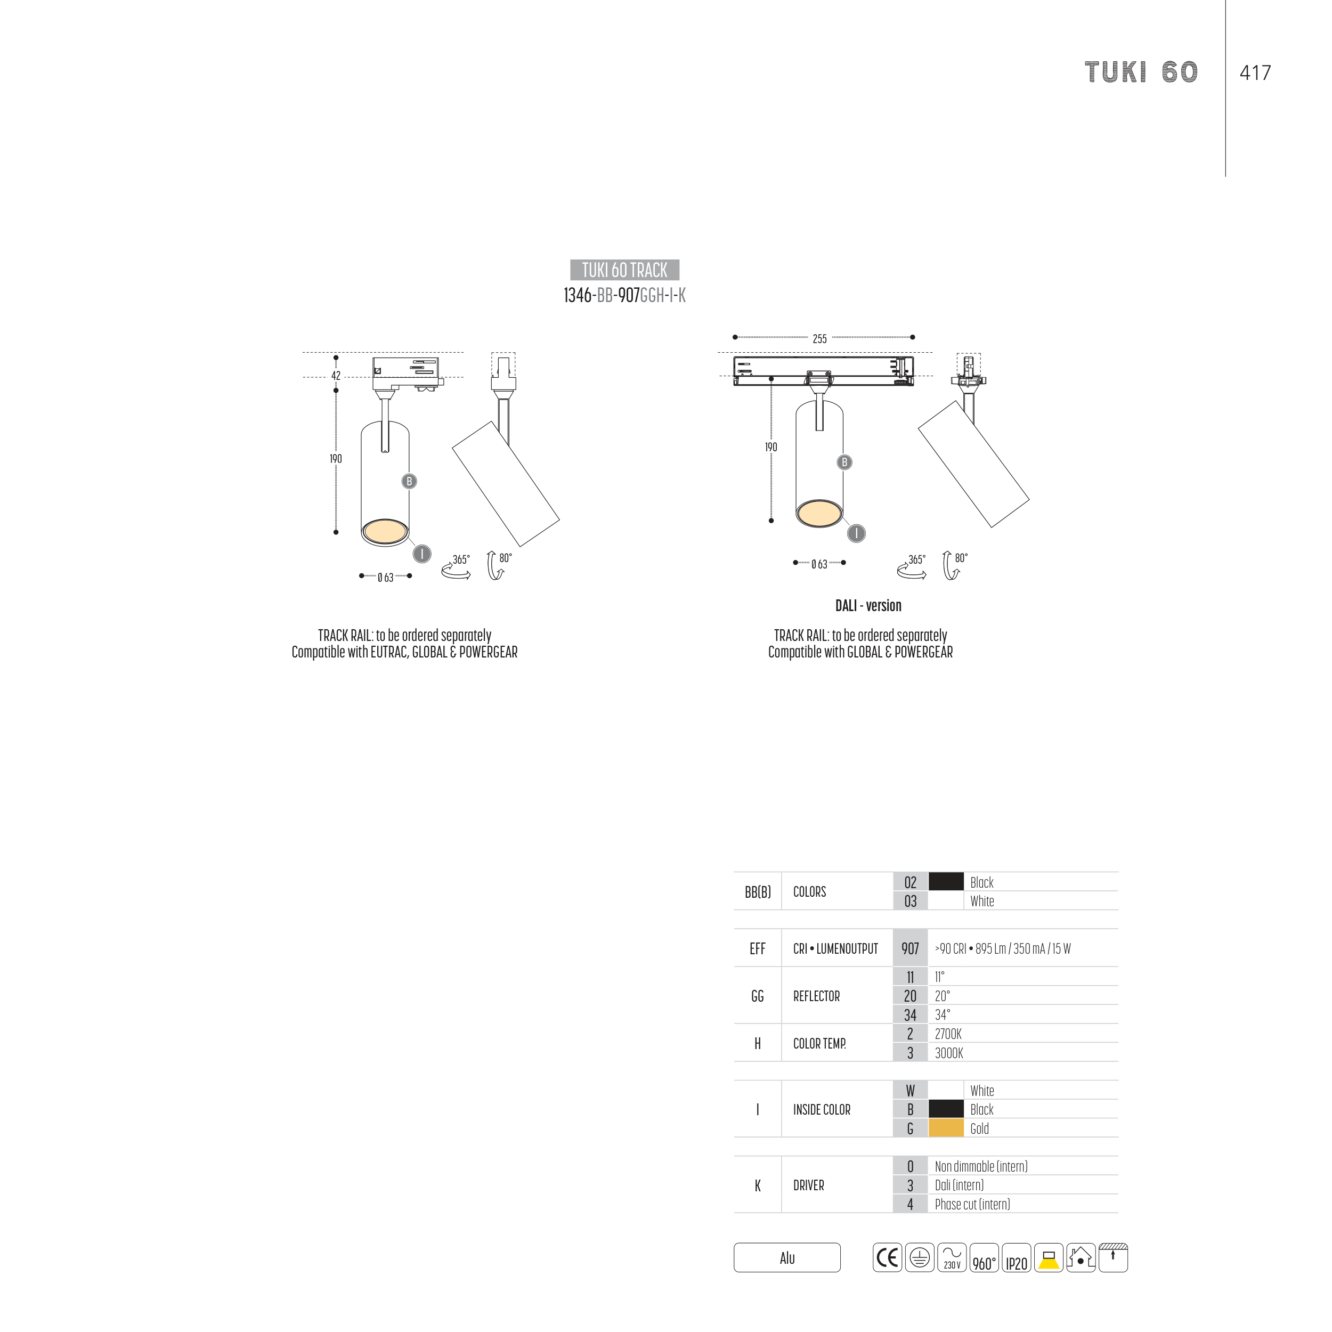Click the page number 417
pos(1255,72)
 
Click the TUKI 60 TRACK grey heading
pos(624,270)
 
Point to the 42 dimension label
pos(336,376)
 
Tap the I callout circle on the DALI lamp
pos(856,533)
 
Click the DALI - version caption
pos(868,605)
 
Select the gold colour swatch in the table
pos(946,1128)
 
